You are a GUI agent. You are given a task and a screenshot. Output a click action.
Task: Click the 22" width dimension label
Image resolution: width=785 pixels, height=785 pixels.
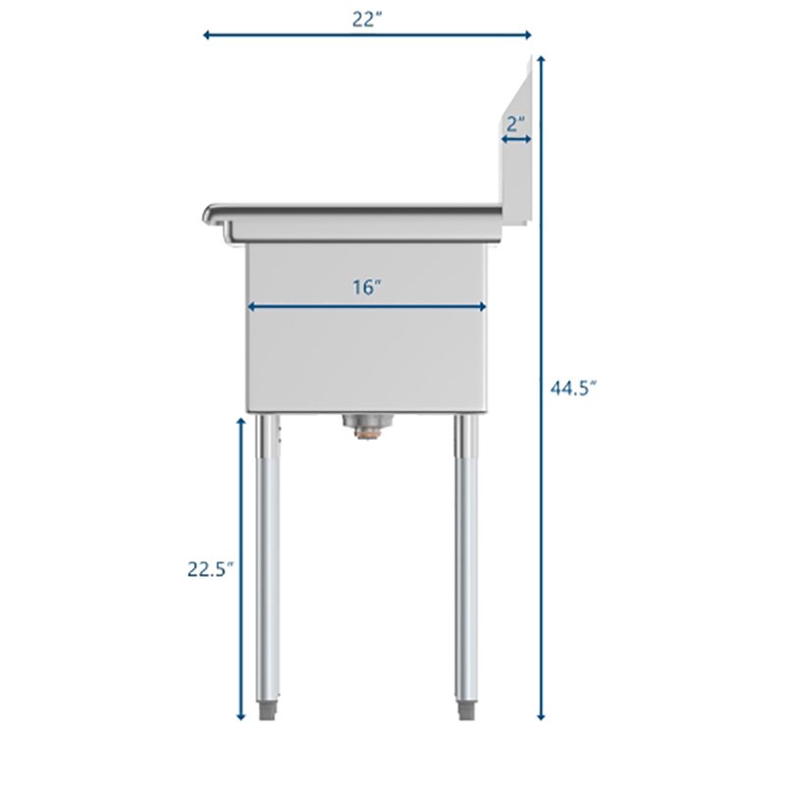tap(366, 19)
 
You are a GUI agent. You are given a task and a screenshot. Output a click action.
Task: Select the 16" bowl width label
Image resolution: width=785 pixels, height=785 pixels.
tap(366, 288)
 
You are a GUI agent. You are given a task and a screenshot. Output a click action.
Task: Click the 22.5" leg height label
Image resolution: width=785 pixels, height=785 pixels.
tap(210, 569)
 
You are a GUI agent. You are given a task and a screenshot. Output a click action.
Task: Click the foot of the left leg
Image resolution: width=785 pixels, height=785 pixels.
tap(268, 709)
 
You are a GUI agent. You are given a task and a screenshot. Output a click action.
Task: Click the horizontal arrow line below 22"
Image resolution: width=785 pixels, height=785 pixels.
tap(366, 36)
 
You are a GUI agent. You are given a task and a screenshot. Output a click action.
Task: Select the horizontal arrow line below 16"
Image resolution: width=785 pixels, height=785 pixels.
tap(366, 307)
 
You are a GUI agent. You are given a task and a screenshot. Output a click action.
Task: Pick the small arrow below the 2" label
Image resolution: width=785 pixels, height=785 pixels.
tap(517, 139)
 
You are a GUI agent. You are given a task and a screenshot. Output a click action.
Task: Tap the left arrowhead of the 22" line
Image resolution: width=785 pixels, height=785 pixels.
tap(207, 36)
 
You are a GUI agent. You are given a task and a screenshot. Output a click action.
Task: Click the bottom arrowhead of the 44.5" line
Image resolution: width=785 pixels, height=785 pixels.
tap(540, 717)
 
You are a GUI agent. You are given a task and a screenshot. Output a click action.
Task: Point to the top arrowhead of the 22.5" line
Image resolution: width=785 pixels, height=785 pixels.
tap(241, 419)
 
